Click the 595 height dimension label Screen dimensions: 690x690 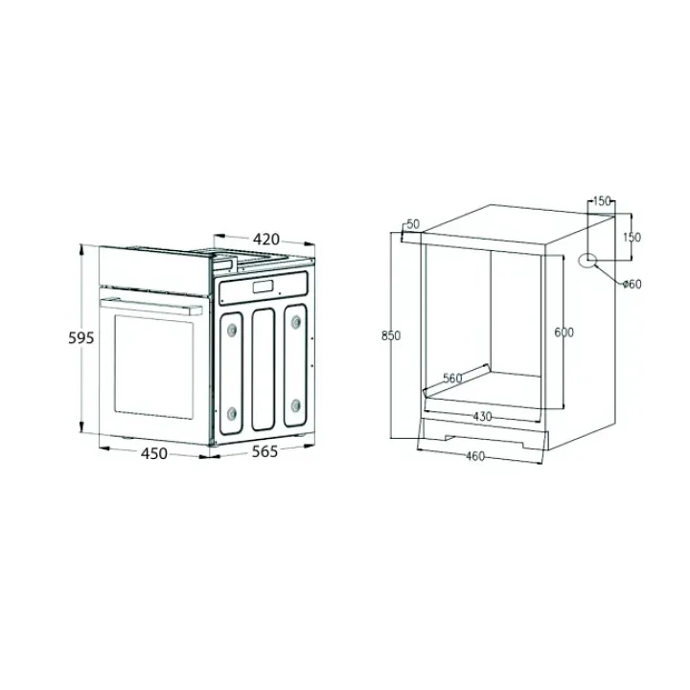pos(81,337)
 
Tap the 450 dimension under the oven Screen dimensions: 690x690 pos(154,453)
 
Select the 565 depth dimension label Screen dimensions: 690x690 pos(264,451)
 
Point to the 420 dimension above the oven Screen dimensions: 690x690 pos(266,239)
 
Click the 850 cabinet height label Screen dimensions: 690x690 pos(391,335)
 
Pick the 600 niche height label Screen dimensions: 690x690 pos(564,333)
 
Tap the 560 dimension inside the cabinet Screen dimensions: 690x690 pos(452,378)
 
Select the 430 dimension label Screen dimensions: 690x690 pos(482,416)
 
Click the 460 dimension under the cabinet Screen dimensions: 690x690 pos(475,456)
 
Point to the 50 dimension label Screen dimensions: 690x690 pos(413,224)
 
